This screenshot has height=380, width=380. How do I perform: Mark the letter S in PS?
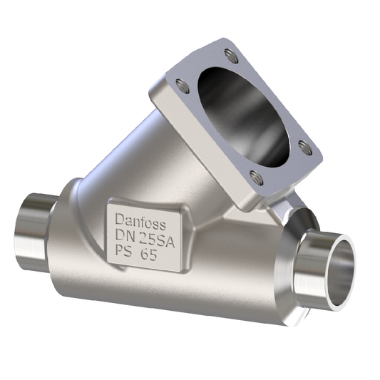[129, 255]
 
